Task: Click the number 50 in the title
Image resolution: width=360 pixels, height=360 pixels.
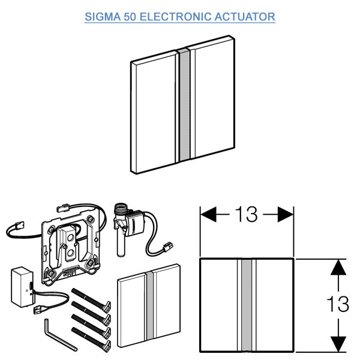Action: tap(130, 16)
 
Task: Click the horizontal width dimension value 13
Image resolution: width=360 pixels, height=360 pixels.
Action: tap(246, 214)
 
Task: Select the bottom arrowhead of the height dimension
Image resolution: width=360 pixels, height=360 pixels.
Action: tap(339, 343)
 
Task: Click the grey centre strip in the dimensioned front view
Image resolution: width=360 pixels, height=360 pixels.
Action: tap(246, 304)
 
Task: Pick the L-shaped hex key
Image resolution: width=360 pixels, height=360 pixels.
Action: tap(57, 336)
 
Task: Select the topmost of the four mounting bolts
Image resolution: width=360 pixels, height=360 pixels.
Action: tap(90, 295)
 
